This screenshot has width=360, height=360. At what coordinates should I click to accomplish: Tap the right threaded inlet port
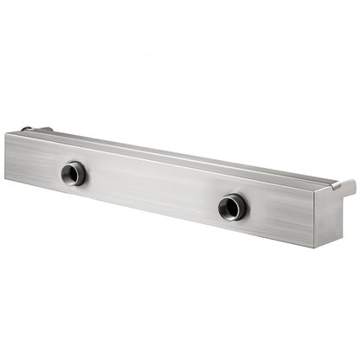[x=232, y=206]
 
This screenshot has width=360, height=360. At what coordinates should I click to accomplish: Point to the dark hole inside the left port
[x=73, y=175]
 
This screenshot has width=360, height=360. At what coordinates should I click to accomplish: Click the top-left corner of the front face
[x=6, y=133]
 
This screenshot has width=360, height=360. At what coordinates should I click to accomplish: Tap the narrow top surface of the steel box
[x=173, y=151]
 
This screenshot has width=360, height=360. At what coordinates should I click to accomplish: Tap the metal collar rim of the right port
[x=242, y=205]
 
